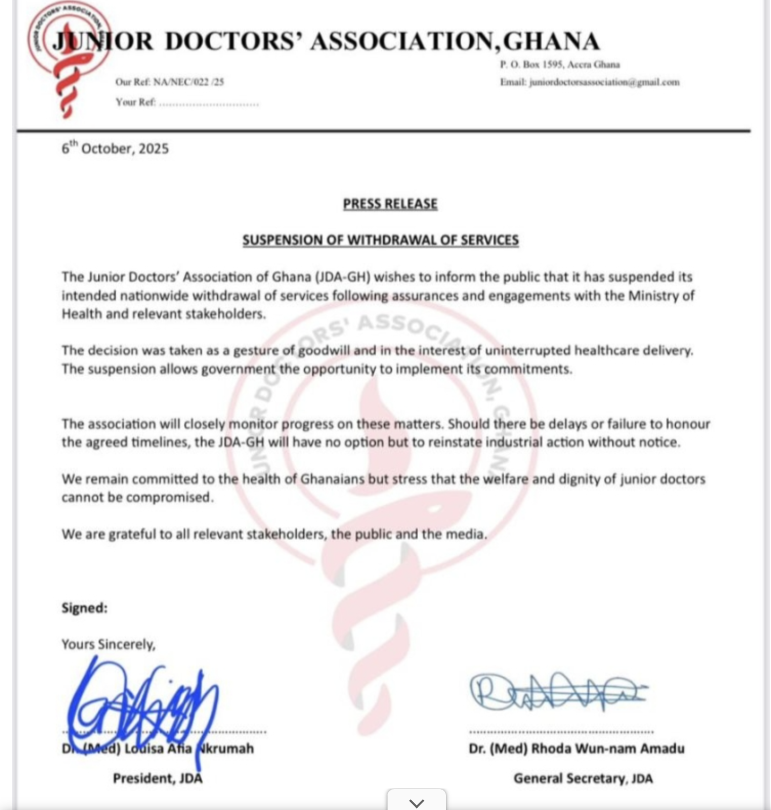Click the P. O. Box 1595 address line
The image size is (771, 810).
(560, 65)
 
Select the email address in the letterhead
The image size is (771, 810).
(604, 82)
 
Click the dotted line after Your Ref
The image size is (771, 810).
(209, 103)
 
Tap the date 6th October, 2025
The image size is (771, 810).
(115, 148)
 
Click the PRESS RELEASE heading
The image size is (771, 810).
(390, 204)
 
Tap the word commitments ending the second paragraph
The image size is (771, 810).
(528, 369)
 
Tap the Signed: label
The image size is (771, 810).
(84, 608)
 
